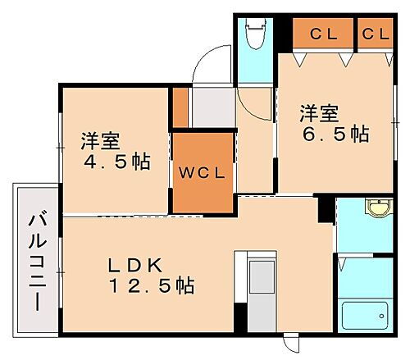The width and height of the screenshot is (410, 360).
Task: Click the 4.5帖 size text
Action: (x=117, y=161)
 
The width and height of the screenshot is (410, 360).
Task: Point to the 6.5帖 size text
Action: (x=335, y=133)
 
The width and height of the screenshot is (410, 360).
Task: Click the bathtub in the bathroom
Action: (x=364, y=314)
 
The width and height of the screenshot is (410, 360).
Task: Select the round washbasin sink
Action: (x=378, y=208)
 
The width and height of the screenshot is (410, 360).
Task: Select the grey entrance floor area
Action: (x=212, y=106)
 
